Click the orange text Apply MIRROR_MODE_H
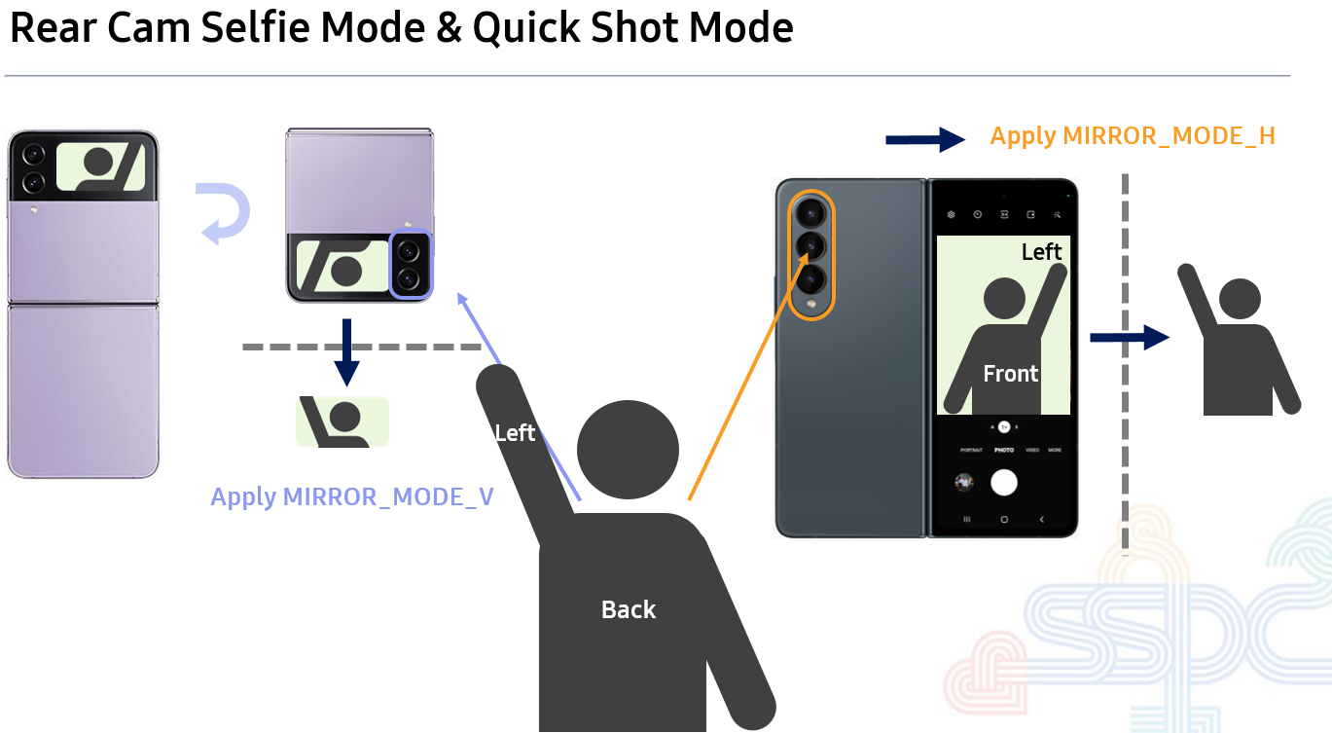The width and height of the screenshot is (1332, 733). click(x=1132, y=136)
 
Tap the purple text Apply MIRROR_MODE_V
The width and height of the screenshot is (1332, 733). click(x=352, y=497)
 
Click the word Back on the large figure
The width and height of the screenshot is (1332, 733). click(x=629, y=610)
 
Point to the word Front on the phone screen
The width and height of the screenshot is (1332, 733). click(x=1010, y=374)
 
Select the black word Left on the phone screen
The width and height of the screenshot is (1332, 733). click(x=1041, y=252)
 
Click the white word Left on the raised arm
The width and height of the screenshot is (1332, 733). click(x=515, y=433)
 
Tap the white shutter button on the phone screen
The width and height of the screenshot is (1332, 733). click(x=1003, y=482)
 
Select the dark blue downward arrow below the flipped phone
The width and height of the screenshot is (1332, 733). click(x=346, y=353)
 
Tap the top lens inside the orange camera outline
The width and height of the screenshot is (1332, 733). click(x=810, y=212)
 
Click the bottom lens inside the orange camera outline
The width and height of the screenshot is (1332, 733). click(x=810, y=280)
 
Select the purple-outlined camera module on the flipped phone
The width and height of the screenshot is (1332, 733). click(x=410, y=264)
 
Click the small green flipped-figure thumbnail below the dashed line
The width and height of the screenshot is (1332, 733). click(x=342, y=422)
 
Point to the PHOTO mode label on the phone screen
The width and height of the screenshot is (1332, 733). click(x=1003, y=451)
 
